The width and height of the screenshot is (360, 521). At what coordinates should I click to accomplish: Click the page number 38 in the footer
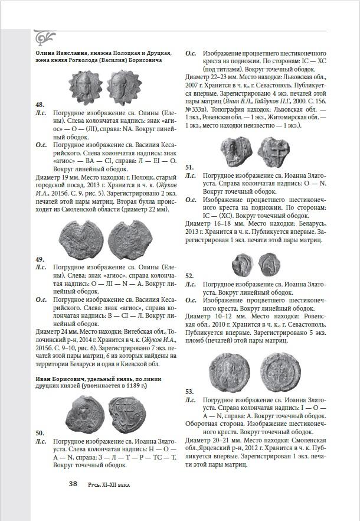[73, 484]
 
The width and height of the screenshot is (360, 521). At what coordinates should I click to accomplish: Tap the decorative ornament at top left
[44, 37]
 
